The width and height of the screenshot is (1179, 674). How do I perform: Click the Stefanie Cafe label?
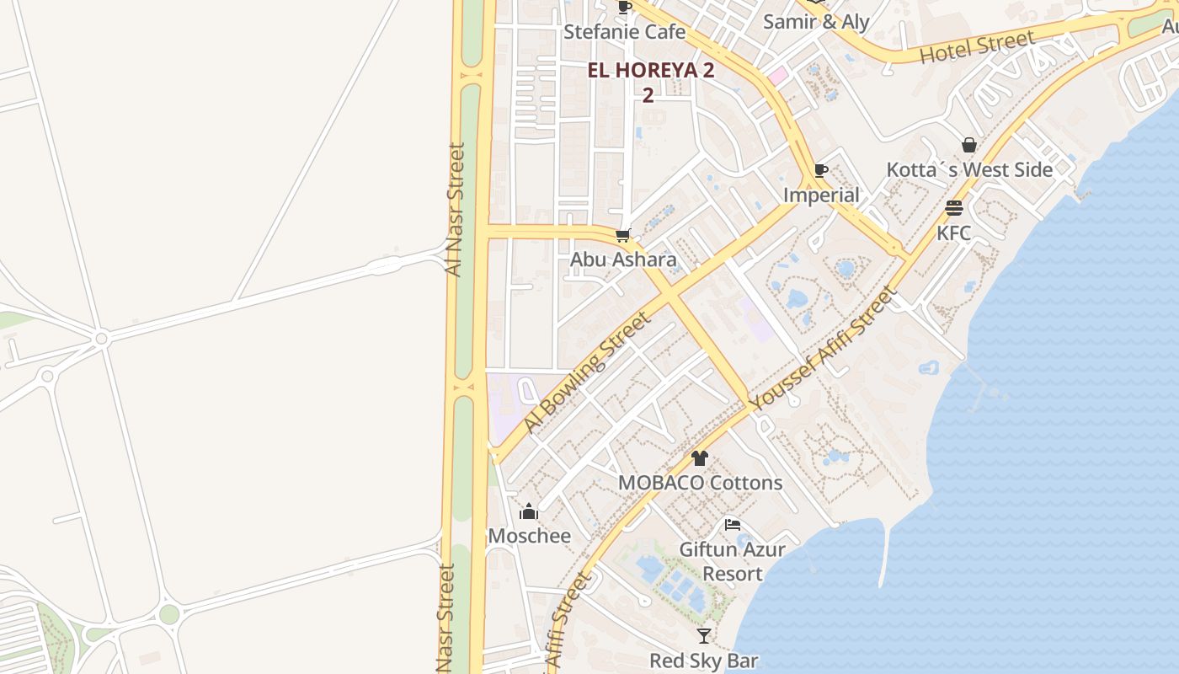tap(624, 32)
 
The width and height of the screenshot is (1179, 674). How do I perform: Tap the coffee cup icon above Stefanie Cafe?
tap(624, 8)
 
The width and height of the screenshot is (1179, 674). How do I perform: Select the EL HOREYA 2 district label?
tap(650, 71)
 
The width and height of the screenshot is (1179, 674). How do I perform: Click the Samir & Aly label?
tap(815, 22)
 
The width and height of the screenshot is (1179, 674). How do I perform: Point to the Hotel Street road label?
tap(977, 46)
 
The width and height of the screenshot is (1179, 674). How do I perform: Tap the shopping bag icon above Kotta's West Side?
tap(969, 145)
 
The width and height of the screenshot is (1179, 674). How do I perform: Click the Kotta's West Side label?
tap(969, 169)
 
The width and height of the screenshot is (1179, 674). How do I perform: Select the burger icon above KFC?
tap(954, 207)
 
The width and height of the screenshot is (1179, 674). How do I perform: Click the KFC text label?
tap(954, 233)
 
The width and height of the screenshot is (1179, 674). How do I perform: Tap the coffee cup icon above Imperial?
tap(821, 171)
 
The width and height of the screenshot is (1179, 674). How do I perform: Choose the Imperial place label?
tap(821, 195)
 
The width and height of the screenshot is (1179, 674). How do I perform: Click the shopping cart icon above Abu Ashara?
tap(623, 235)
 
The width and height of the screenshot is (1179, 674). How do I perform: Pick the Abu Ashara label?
tap(623, 259)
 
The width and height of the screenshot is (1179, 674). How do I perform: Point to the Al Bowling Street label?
tap(587, 372)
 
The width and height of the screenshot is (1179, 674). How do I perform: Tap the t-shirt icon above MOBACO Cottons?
tap(700, 458)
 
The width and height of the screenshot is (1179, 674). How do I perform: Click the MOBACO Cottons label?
tap(700, 483)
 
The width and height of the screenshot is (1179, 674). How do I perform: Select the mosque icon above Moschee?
tap(529, 511)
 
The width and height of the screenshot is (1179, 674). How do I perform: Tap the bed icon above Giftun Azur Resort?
tap(733, 525)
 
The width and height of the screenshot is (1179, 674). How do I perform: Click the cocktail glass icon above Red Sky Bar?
tap(704, 636)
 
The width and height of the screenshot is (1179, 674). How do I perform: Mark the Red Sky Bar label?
tap(704, 661)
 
